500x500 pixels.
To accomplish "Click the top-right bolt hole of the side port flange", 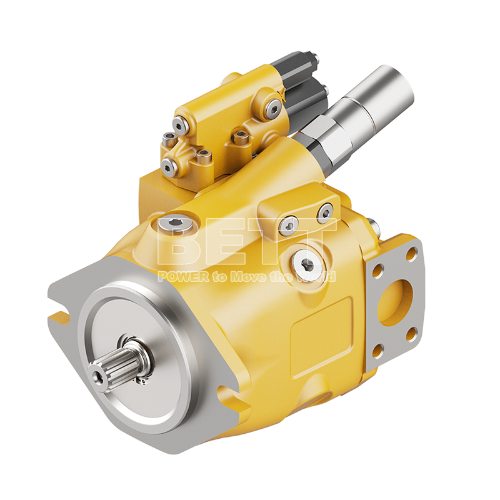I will [411, 254].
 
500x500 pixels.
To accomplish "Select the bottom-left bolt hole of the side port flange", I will [377, 351].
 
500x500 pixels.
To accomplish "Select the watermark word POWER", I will [184, 276].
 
